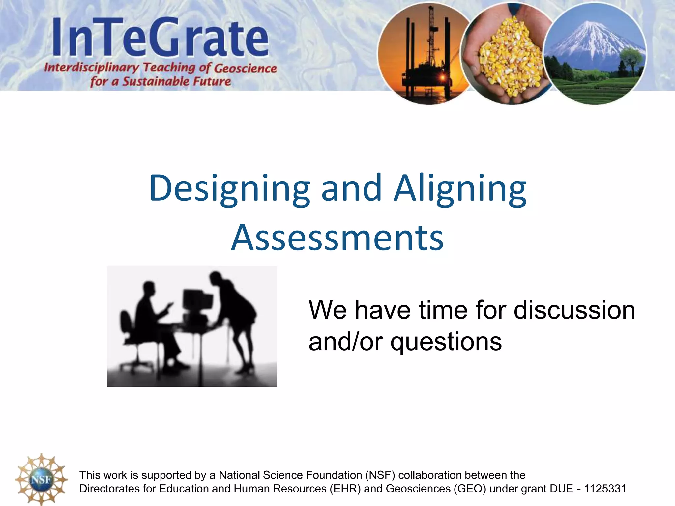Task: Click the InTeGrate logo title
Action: tap(161, 38)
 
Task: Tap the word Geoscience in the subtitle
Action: tap(245, 69)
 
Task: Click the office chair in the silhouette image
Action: tap(130, 339)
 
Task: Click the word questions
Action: tap(446, 342)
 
